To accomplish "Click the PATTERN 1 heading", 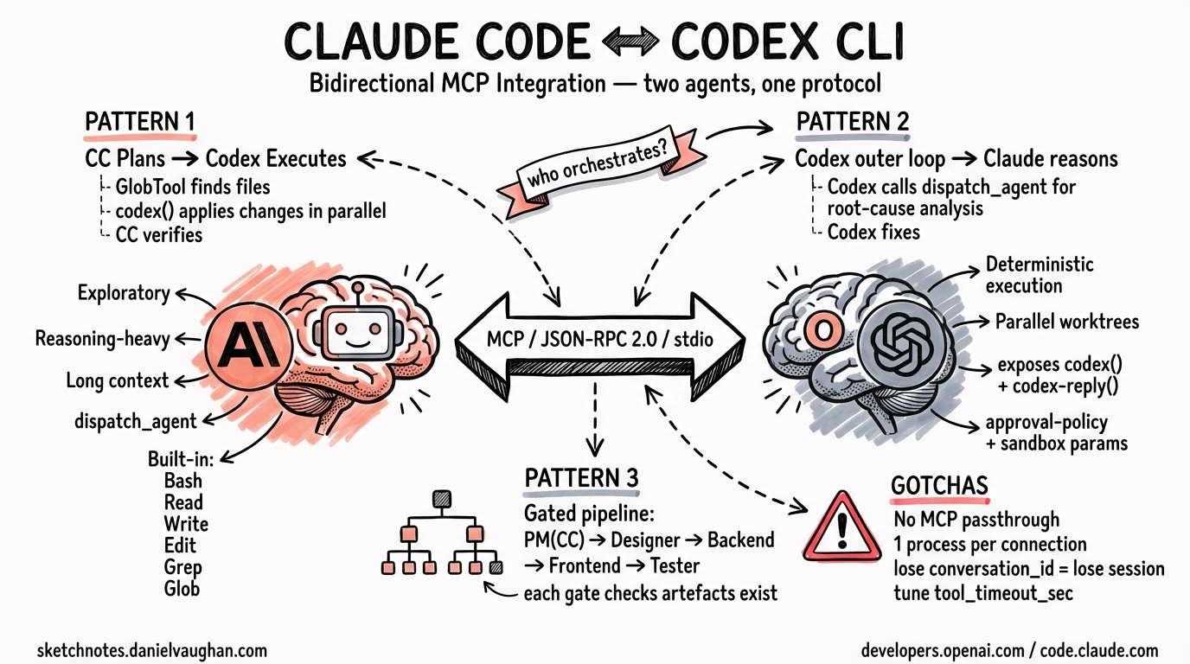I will click(139, 121).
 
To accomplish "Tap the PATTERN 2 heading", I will click(852, 121).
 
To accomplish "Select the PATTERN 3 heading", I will click(581, 479).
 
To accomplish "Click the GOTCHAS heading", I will click(939, 486).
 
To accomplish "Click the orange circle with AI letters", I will click(245, 346).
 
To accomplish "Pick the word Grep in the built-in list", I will click(182, 567).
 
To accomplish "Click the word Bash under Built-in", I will click(182, 481).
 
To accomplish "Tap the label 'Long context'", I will click(117, 380).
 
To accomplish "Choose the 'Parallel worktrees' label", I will click(1067, 322).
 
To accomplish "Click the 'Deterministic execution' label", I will click(1039, 274).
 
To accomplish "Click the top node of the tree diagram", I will click(441, 499).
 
